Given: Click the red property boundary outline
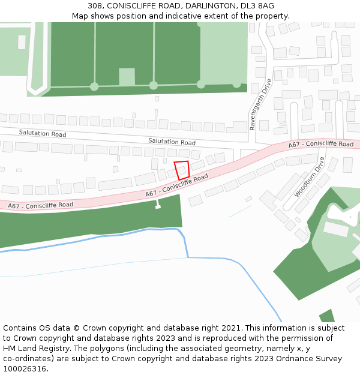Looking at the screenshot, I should point(181,170).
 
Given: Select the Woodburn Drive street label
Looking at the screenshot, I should point(310,178).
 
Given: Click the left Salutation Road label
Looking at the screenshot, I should point(43,133).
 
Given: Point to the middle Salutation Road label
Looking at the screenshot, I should point(172,142).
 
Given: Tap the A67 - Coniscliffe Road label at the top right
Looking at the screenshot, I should point(320,144).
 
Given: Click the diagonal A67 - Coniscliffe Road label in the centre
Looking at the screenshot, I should point(176,185).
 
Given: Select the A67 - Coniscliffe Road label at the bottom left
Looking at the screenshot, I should point(40,205).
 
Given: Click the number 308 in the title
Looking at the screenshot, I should point(95,6).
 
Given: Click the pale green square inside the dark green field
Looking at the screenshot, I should point(127,76).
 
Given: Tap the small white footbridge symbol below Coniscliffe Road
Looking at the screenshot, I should point(158,205).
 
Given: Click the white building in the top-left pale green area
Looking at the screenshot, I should point(22,42).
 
